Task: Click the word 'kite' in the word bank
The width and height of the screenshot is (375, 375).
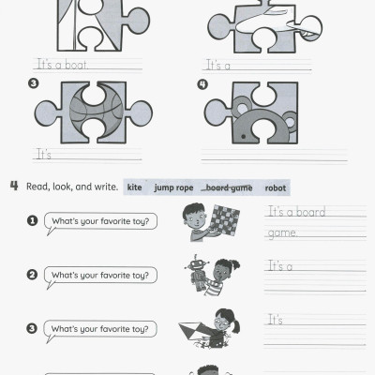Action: [135, 187]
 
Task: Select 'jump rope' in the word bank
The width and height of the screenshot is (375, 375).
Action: [173, 187]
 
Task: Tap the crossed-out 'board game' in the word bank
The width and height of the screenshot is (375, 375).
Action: [228, 187]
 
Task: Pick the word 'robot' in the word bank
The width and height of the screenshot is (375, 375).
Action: [275, 187]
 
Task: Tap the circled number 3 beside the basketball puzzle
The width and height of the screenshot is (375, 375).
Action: [34, 84]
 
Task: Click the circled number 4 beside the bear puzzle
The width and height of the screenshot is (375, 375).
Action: [202, 83]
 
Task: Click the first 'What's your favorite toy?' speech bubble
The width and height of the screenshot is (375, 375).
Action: [103, 221]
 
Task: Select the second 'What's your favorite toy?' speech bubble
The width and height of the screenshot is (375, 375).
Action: [103, 275]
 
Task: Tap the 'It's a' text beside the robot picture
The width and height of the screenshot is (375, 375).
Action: [280, 266]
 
